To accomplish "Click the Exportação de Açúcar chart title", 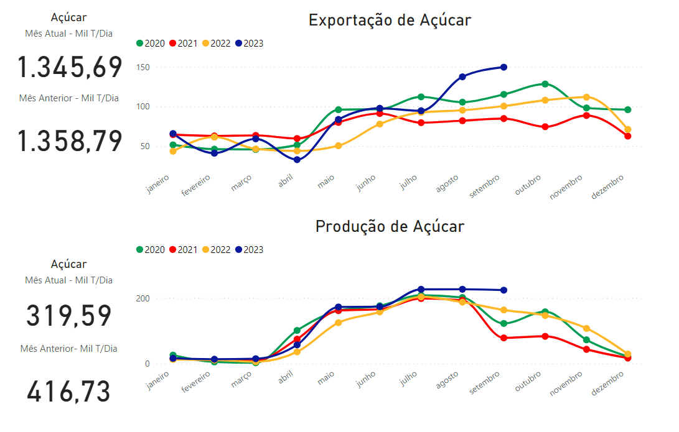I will pos(390,20).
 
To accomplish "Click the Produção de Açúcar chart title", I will pos(390,226).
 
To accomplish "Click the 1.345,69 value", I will pos(70,67).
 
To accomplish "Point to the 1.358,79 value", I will pos(70,141).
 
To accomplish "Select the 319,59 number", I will pos(69,316).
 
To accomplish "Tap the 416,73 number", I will pos(69,392).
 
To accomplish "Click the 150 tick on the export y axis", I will pos(144,67).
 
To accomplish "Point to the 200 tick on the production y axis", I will pos(144,299).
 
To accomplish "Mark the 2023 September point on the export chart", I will pos(503,67).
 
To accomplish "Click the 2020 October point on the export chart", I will pos(545,84).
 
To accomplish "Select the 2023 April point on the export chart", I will pos(297,160).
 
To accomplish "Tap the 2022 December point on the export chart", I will pos(628,130).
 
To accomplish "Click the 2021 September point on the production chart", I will pos(503,338).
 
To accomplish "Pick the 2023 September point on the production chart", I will pos(503,290).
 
